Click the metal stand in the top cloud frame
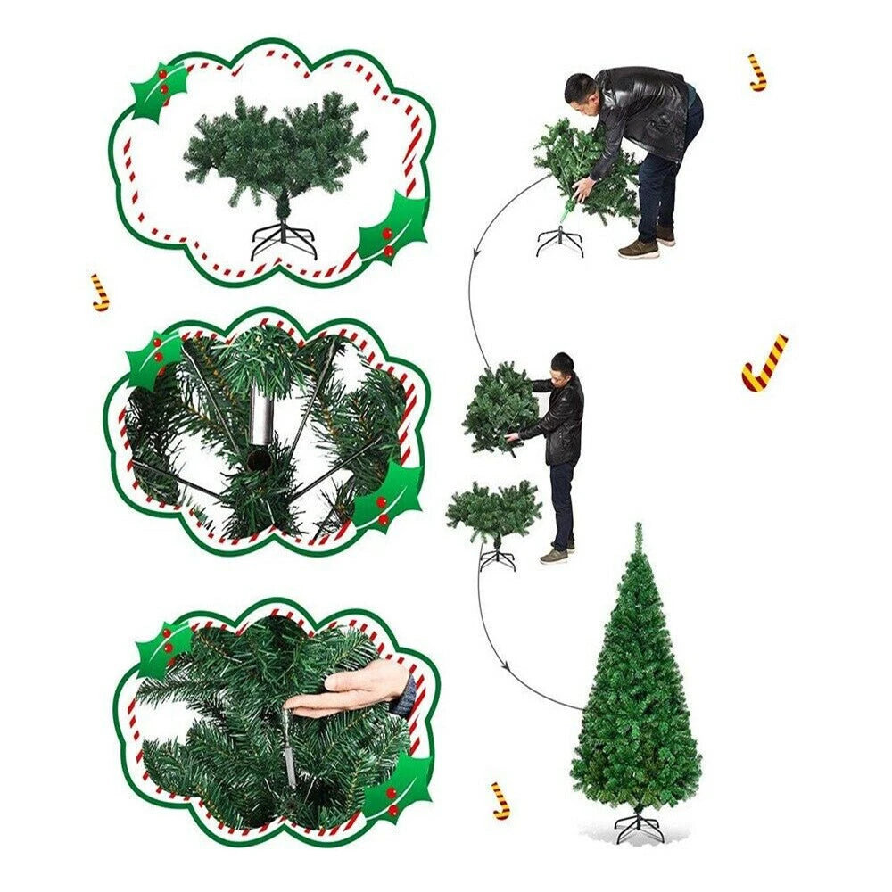click(284, 239)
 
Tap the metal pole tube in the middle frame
click(260, 419)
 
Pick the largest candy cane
click(764, 364)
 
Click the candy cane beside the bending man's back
click(757, 72)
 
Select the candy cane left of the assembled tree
click(501, 800)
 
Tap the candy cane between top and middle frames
click(100, 293)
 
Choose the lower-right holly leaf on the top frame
click(392, 227)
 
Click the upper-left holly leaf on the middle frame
click(153, 359)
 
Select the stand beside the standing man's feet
click(497, 557)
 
